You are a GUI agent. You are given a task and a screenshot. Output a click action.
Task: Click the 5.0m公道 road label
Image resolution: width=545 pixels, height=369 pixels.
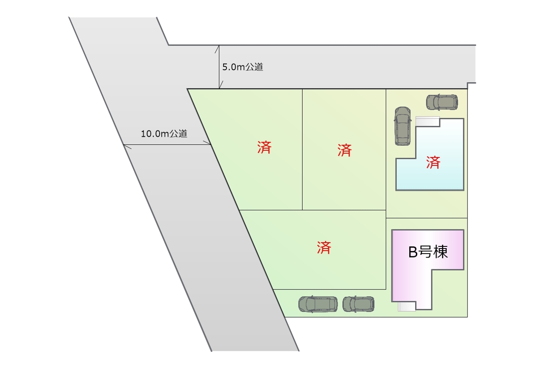point(243,67)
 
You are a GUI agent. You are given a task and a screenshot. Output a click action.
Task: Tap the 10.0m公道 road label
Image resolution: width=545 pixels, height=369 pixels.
point(164,134)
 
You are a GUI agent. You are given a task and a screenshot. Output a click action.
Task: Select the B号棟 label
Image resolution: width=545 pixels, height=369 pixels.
point(428,252)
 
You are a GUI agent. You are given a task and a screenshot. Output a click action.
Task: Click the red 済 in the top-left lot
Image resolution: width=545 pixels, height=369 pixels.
point(264,147)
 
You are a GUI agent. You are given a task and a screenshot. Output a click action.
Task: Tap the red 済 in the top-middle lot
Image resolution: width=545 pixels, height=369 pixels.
point(344,150)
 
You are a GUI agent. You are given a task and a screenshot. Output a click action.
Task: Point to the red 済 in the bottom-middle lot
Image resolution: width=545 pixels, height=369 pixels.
point(324,248)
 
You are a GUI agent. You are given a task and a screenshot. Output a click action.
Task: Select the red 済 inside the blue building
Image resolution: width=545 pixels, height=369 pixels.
point(433,163)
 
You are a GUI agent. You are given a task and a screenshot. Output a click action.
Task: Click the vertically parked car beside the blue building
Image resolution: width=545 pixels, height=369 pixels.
point(403,126)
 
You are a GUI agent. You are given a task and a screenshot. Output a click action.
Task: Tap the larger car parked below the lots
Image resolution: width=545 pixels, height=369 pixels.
point(318,304)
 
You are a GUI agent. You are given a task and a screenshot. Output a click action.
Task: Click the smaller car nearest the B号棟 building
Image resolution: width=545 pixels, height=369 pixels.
point(359,304)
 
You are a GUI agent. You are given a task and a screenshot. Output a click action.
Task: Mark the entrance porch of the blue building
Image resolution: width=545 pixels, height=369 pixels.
point(427,121)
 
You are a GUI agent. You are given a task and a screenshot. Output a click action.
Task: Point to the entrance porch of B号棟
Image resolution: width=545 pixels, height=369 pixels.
point(407,306)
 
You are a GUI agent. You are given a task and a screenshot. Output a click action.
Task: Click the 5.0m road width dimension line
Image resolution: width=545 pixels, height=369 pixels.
point(219,67)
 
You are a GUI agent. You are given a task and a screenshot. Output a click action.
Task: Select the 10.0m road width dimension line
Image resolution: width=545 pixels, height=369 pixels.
point(167,144)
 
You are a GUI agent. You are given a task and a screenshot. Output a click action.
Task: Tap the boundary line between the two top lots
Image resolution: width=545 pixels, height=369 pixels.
point(302,149)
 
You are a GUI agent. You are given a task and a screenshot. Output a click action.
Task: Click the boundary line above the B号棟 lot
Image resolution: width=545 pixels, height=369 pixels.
point(427,218)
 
